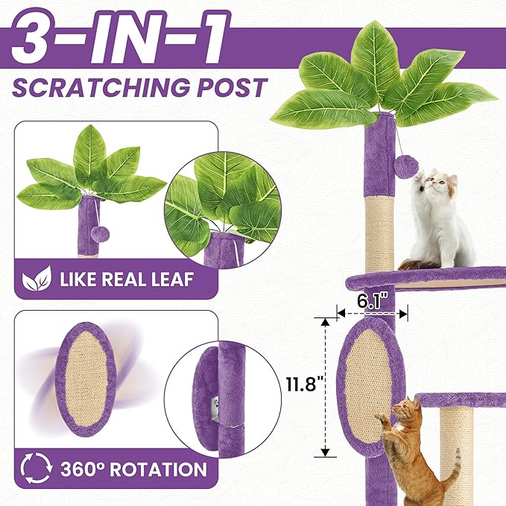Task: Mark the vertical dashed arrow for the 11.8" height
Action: pyautogui.click(x=325, y=386)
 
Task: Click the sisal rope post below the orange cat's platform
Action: pyautogui.click(x=455, y=447)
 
